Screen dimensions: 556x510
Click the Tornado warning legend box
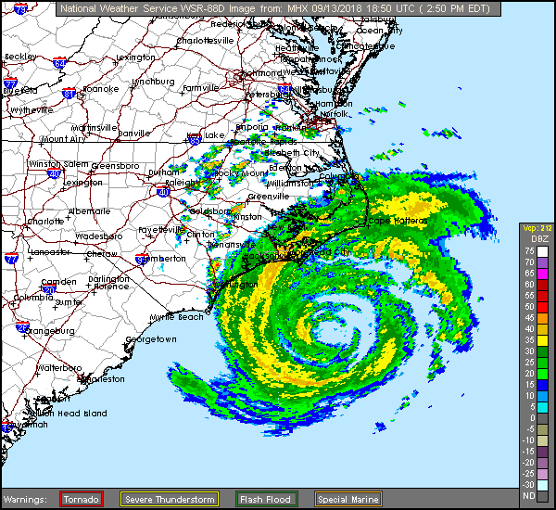(81, 499)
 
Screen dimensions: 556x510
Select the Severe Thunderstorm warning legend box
(170, 499)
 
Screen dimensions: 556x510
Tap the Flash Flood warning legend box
(265, 499)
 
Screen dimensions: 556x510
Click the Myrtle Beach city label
(176, 317)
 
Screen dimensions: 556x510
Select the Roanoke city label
(101, 89)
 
